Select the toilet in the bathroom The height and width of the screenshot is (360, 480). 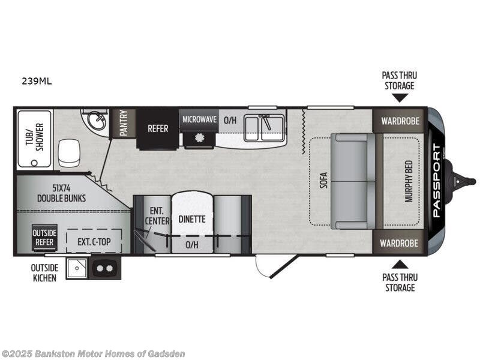[69, 153]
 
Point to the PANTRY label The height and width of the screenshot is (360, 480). [124, 123]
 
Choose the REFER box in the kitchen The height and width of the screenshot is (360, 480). [158, 128]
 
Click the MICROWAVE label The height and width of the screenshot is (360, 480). [199, 119]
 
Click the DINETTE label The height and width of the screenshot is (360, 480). [192, 219]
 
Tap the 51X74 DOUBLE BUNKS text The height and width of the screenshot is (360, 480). [61, 193]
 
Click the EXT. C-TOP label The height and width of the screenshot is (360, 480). [93, 242]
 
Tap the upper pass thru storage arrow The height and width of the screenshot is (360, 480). [400, 97]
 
